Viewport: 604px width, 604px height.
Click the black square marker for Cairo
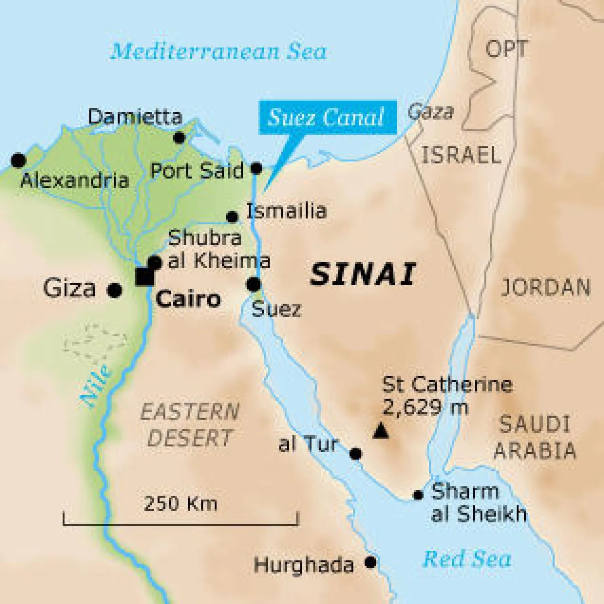click(144, 277)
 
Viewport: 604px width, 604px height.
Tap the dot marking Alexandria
click(19, 160)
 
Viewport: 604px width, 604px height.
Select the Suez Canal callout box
click(327, 117)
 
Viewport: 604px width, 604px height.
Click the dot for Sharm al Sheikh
click(418, 495)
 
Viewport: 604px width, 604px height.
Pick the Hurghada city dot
click(370, 562)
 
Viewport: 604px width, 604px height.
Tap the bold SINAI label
click(363, 275)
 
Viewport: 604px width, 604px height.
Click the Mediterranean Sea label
click(218, 52)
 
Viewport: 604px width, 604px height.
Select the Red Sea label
click(467, 559)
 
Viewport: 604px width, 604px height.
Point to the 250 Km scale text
click(180, 503)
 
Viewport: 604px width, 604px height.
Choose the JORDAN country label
click(546, 288)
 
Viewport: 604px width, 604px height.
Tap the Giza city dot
click(115, 290)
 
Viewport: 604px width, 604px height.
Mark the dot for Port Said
click(256, 168)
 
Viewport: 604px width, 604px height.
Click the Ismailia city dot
click(232, 217)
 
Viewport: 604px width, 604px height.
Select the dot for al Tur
click(356, 454)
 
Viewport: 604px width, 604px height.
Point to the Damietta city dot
click(179, 138)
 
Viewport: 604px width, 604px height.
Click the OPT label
click(507, 49)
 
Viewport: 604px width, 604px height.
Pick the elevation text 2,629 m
click(425, 407)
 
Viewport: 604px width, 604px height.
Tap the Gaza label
click(431, 112)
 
